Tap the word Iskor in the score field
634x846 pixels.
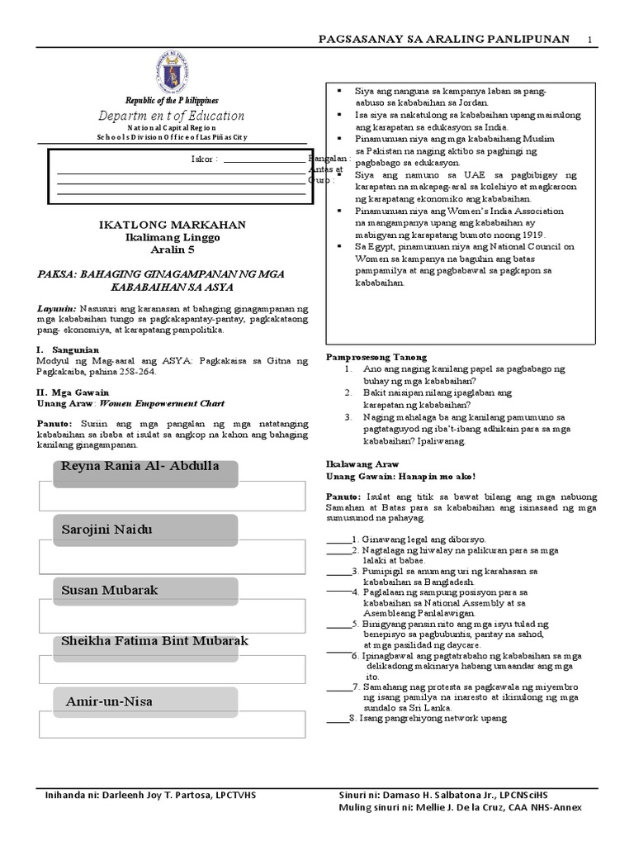(203, 159)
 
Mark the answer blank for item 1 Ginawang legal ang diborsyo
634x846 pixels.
(338, 539)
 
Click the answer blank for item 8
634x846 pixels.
(338, 718)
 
